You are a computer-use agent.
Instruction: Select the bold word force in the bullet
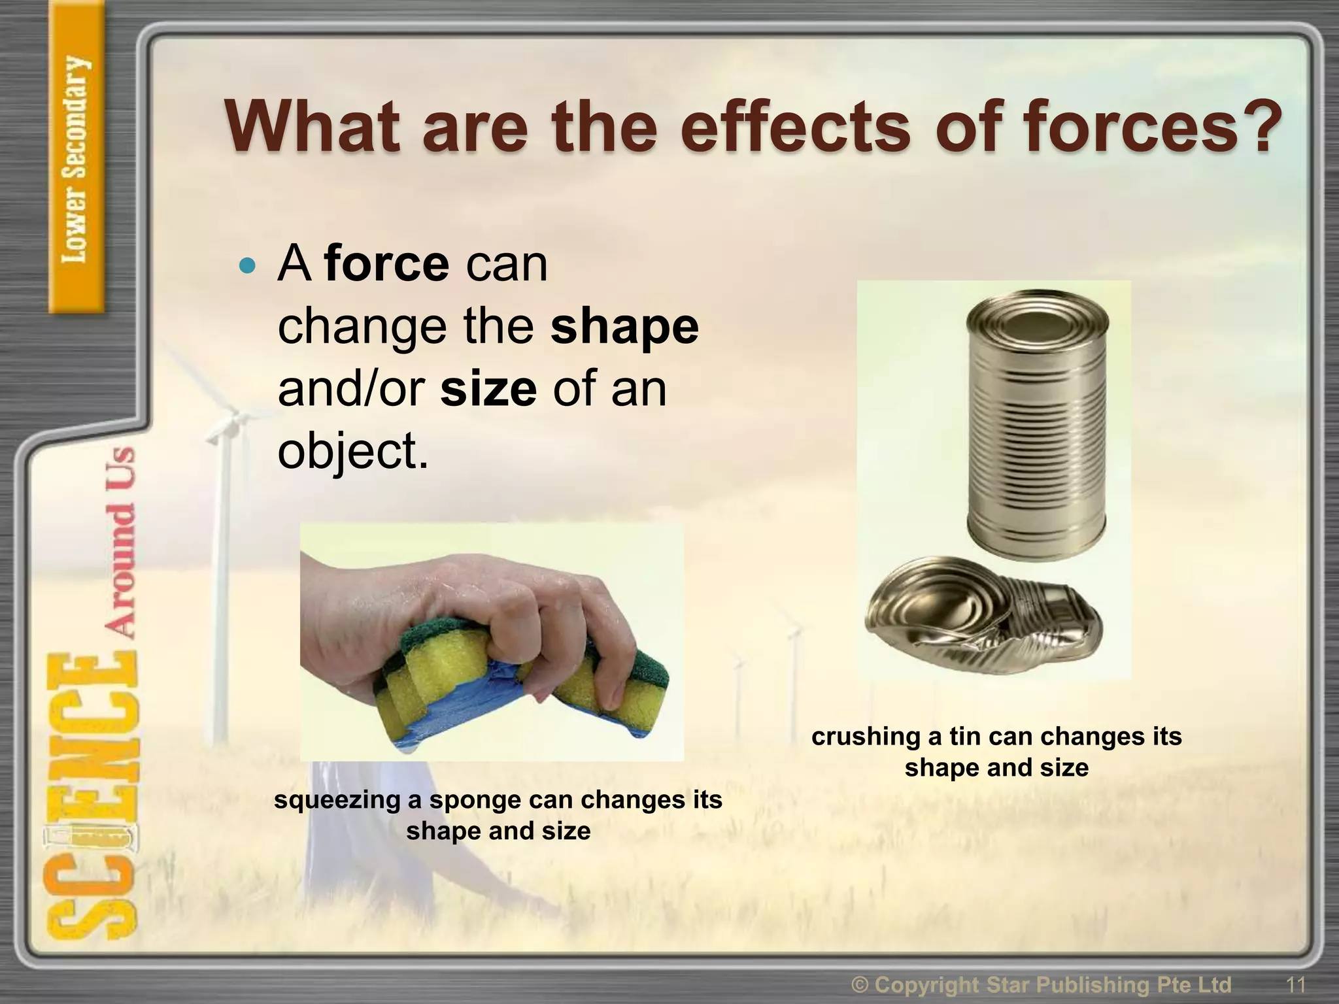click(386, 264)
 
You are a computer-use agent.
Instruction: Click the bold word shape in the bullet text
click(624, 327)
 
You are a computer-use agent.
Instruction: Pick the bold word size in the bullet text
click(488, 389)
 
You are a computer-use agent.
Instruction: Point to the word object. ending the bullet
click(353, 451)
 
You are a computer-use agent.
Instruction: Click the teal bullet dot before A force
click(247, 265)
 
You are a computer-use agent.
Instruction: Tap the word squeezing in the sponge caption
click(337, 800)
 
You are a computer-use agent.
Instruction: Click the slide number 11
click(1295, 984)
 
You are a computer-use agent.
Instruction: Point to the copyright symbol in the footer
click(861, 984)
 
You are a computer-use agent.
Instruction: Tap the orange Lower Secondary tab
click(76, 160)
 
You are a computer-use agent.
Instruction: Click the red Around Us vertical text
click(121, 543)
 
